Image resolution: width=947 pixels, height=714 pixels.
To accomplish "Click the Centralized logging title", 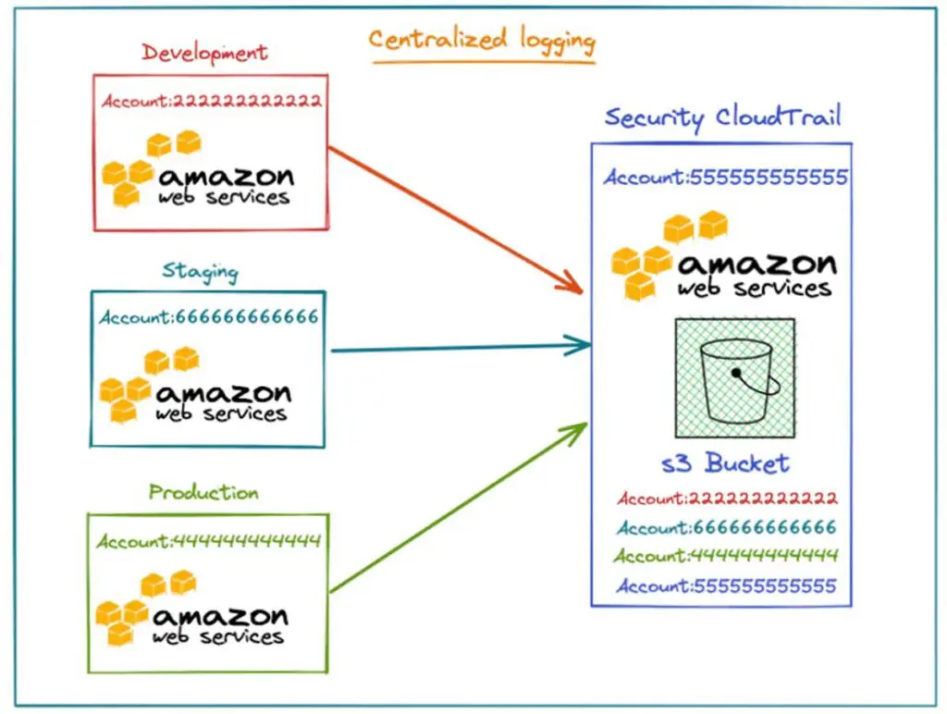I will tap(482, 42).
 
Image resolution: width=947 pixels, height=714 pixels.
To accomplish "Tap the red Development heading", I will tap(205, 54).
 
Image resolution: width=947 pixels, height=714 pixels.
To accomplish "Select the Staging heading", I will tap(200, 272).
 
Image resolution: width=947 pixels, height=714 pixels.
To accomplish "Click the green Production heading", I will tap(203, 492).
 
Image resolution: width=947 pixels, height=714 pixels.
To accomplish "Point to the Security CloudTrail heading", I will tap(722, 118).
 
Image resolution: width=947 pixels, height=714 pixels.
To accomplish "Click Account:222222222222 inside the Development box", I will tap(212, 101).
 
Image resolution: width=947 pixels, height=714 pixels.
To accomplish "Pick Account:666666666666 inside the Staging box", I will tap(209, 317).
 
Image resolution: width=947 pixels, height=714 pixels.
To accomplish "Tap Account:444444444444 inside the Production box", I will tap(208, 541).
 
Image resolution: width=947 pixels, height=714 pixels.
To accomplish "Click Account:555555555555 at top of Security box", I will tap(725, 178).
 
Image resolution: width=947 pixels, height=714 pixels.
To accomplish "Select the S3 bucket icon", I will tap(735, 378).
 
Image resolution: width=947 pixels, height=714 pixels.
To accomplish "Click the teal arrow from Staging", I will tap(461, 349).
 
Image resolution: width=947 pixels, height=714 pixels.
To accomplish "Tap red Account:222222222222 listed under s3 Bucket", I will tap(727, 499).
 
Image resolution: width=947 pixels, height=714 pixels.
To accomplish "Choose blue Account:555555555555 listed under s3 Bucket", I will tap(727, 586).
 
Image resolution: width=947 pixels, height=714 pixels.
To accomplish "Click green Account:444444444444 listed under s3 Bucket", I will tap(727, 557).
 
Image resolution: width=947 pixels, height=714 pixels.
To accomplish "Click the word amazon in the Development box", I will tap(226, 176).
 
